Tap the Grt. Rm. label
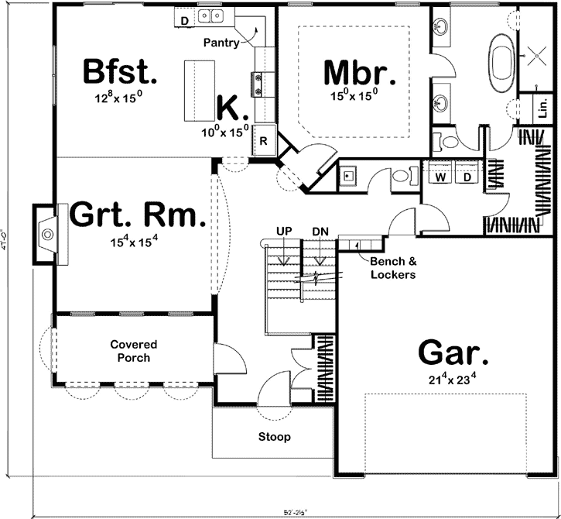(138, 215)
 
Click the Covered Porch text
(133, 351)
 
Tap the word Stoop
(275, 437)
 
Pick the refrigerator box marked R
(264, 141)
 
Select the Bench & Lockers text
(392, 269)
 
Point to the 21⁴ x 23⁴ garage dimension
(453, 379)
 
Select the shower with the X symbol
(534, 53)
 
